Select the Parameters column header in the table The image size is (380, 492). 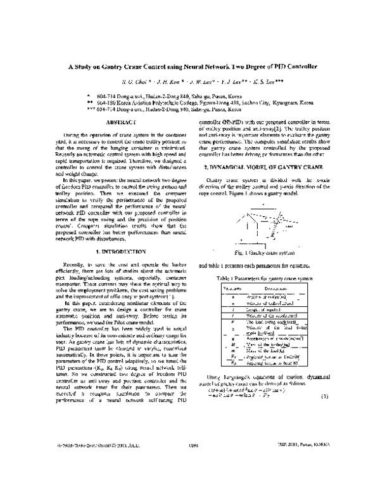point(230,288)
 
